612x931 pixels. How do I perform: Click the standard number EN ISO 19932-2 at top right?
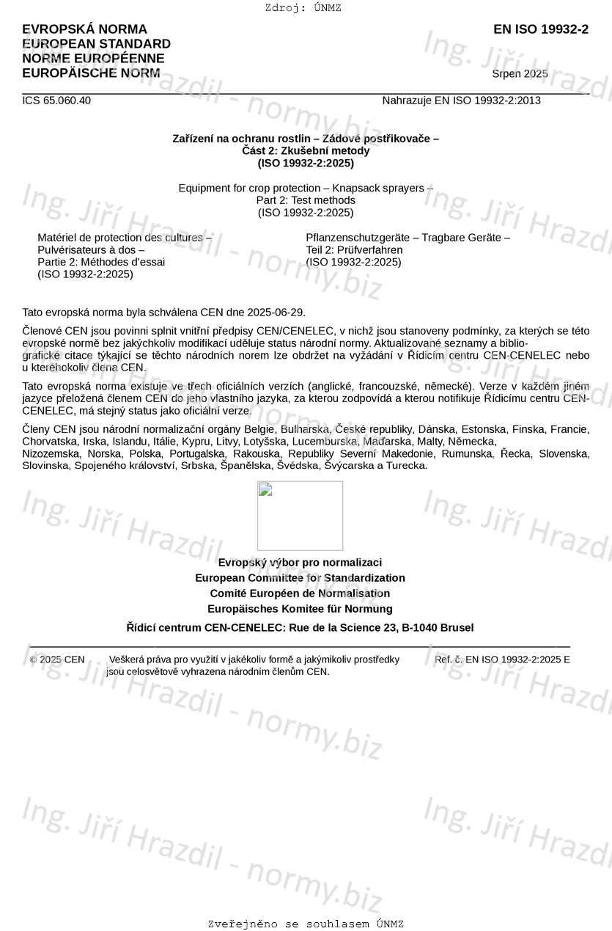[x=540, y=29]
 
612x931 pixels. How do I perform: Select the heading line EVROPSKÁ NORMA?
[x=84, y=29]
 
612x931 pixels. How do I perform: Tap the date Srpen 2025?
[x=520, y=74]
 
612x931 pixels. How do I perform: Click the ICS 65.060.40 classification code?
[x=56, y=101]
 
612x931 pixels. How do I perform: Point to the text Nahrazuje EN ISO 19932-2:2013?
[x=461, y=101]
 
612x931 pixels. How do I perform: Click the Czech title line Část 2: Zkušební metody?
[x=306, y=151]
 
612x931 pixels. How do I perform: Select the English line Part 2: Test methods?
[x=306, y=200]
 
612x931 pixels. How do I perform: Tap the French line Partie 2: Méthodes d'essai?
[x=101, y=262]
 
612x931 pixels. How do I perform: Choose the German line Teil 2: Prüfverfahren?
[x=354, y=250]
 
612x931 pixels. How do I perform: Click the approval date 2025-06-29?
[x=276, y=312]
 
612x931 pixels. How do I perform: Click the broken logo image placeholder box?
[x=300, y=516]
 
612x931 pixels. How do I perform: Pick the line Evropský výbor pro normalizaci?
[x=300, y=563]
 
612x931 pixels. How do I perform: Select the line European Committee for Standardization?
[x=300, y=578]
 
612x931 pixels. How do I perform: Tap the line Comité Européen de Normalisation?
[x=300, y=594]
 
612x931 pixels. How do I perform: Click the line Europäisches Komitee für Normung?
[x=300, y=609]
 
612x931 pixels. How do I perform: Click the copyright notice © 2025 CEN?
[x=57, y=660]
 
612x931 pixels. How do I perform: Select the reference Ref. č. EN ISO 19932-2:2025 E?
[x=502, y=660]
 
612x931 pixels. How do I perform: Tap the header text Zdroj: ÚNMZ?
[x=303, y=8]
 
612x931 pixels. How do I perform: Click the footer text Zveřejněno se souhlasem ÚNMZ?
[x=306, y=924]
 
